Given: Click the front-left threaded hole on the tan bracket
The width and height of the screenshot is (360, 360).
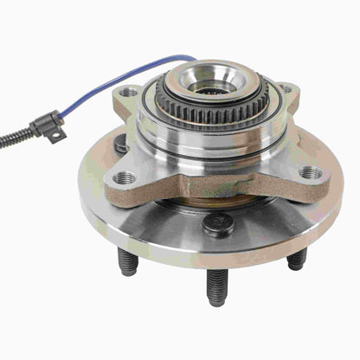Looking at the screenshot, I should (x=125, y=177).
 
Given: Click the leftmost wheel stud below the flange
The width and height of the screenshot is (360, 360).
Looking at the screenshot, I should (x=128, y=261).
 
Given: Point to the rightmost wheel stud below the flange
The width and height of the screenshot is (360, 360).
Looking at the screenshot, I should (x=296, y=258).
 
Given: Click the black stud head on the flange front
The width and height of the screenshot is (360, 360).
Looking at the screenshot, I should (x=217, y=225).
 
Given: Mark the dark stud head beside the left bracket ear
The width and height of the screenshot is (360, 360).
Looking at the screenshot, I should (x=120, y=145).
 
